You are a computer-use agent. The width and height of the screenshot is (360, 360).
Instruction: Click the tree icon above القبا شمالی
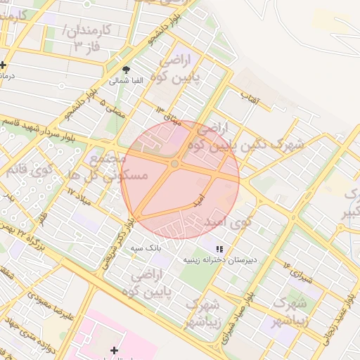point(127,70)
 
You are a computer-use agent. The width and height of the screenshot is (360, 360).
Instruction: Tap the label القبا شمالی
point(127,81)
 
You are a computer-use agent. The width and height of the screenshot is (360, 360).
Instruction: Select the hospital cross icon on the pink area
point(114,349)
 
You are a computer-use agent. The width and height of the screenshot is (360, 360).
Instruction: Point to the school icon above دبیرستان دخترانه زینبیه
point(219,249)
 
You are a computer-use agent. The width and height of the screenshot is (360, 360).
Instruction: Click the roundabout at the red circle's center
point(174,164)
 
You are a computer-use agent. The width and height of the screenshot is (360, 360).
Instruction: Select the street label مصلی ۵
point(113,110)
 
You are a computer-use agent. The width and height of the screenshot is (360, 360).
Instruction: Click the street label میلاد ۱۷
point(80,191)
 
